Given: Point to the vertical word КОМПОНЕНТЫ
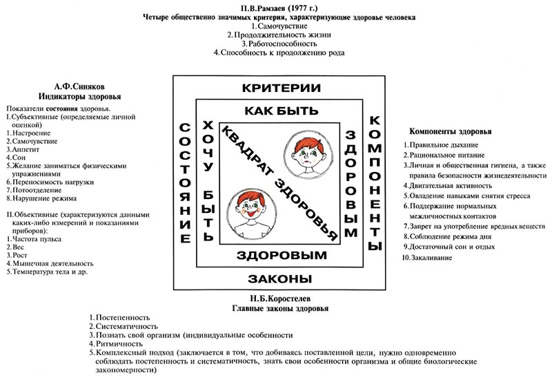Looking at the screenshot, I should coord(375,183).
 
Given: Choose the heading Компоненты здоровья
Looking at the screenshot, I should coord(450,131).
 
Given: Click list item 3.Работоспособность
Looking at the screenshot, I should coord(280,42).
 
